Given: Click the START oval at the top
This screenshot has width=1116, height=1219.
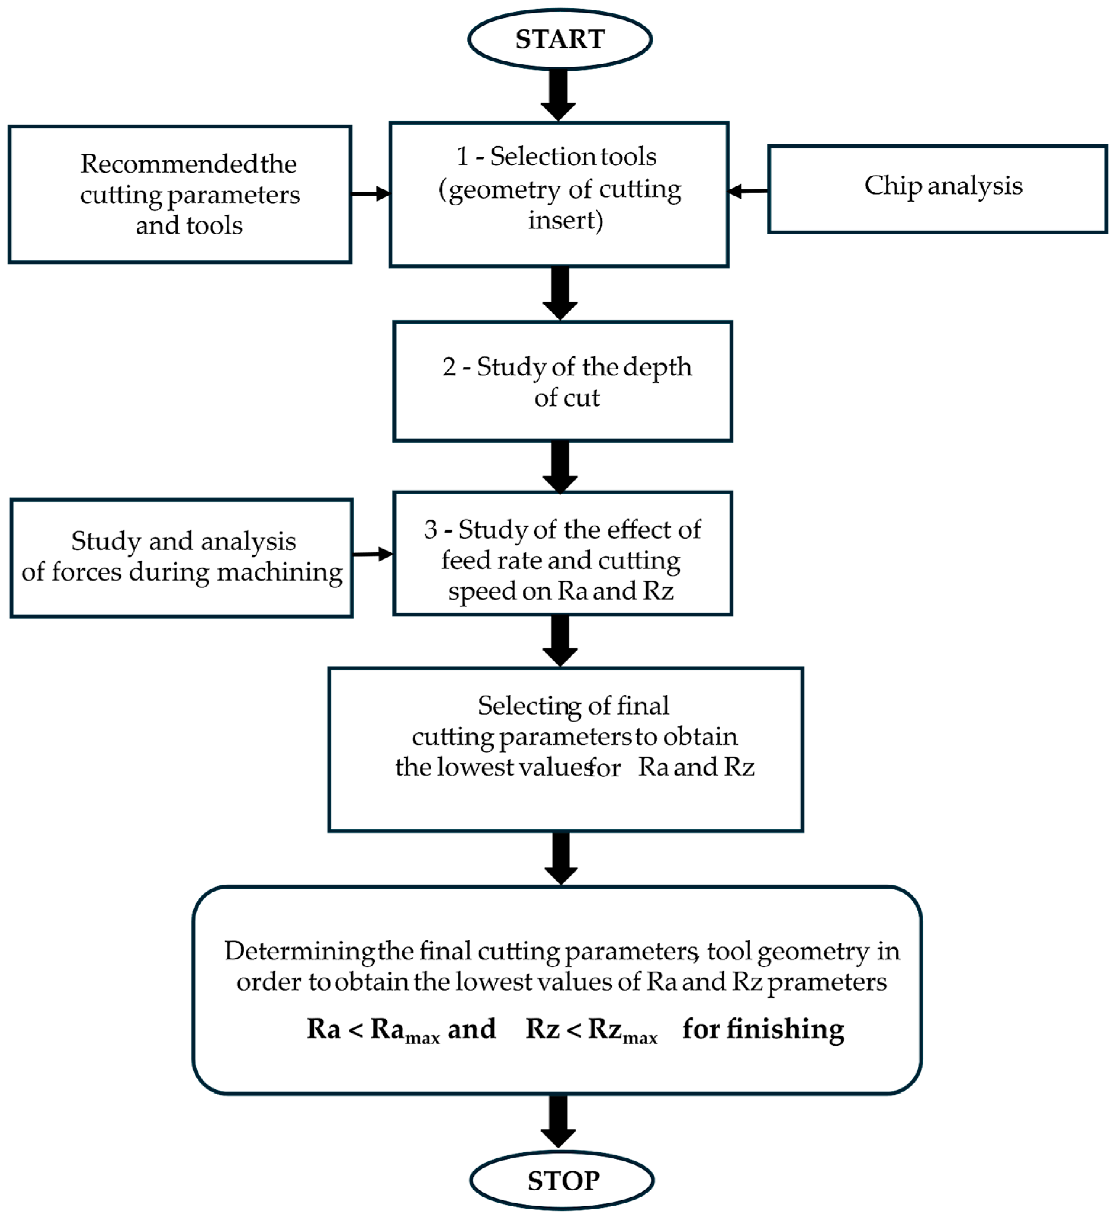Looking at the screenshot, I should tap(560, 39).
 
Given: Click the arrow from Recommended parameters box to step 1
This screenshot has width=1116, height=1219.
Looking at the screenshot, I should tap(370, 194).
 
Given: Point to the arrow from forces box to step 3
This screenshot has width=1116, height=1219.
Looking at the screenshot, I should tap(372, 554).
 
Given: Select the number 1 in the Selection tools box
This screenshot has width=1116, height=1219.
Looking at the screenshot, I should tap(462, 157).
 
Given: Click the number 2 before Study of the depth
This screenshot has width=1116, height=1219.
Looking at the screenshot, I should tap(449, 367).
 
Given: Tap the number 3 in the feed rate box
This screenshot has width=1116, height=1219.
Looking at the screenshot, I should tap(430, 530).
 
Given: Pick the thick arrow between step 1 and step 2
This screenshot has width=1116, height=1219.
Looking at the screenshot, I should tap(560, 293).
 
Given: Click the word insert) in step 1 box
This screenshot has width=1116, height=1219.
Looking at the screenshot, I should tap(565, 220).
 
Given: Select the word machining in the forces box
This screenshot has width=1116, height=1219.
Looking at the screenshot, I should tap(280, 572).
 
